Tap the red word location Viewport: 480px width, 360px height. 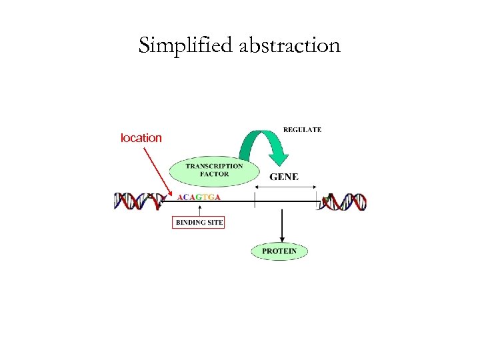pos(141,138)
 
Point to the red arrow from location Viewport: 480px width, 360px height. pos(155,170)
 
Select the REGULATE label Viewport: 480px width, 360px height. pos(302,129)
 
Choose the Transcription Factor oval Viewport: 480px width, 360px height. pos(214,170)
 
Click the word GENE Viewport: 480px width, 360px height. pos(284,177)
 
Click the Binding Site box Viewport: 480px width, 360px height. pos(199,222)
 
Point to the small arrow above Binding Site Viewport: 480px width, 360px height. pos(199,209)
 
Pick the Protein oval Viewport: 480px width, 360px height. pos(279,251)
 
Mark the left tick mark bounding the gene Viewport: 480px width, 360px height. pos(255,201)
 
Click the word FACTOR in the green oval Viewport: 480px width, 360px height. pos(214,175)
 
